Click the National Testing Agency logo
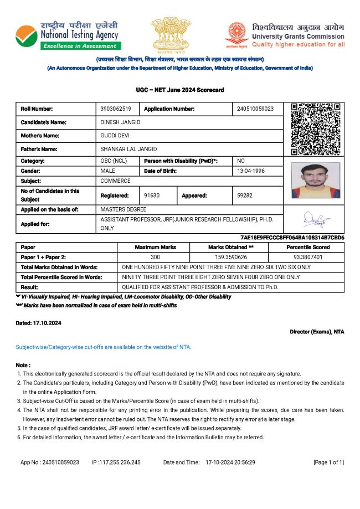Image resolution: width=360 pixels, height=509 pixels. pos(67,35)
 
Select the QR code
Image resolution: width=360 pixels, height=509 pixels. pos(316,128)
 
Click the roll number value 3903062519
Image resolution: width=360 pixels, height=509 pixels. pos(116,109)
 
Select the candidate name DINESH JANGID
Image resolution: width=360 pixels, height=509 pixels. pos(120,122)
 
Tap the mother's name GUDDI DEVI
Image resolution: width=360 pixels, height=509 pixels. pos(115,135)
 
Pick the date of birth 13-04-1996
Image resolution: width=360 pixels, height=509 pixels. pos(251,171)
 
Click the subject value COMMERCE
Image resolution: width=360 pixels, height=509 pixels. pos(115,181)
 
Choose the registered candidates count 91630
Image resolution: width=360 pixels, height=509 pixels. pos(152,195)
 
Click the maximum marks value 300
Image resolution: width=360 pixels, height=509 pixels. pos(155,257)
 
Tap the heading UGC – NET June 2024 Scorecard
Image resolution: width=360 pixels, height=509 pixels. pos(180,90)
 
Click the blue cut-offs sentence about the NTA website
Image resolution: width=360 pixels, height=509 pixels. pos(104,347)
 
